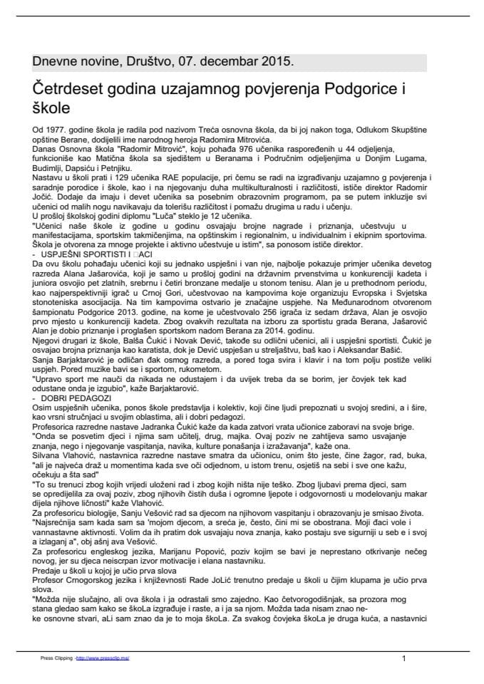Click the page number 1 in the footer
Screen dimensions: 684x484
(x=404, y=658)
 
